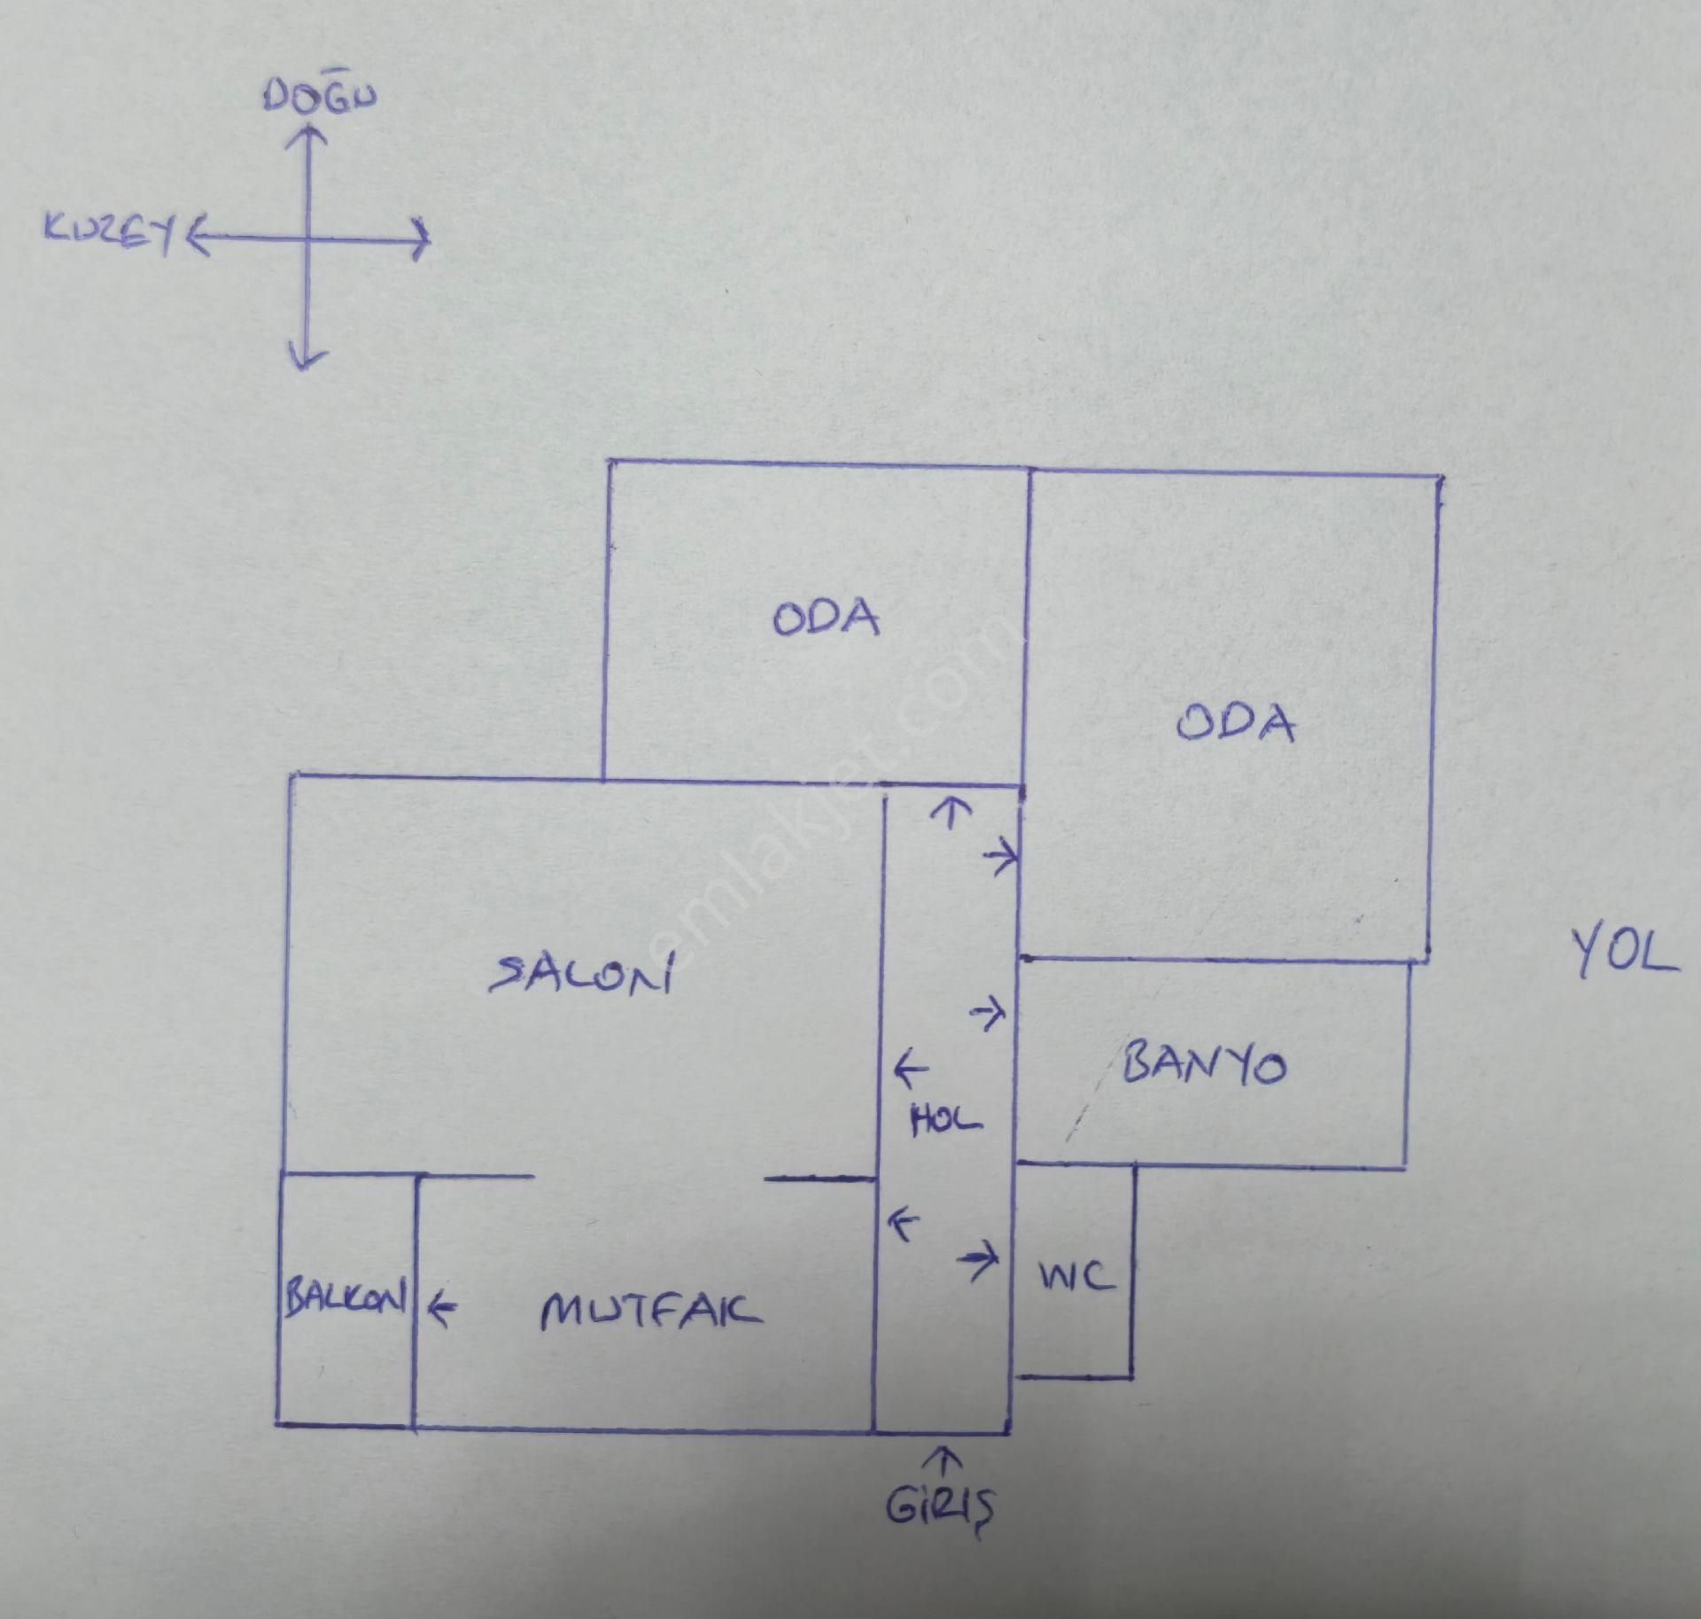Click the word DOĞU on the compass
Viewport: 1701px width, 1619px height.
click(319, 96)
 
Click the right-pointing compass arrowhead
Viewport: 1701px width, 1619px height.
click(421, 239)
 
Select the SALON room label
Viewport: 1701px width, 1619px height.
click(581, 975)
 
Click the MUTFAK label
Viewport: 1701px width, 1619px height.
click(651, 1312)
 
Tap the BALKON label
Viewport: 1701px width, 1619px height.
click(346, 1298)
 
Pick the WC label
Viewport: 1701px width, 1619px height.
click(1075, 1277)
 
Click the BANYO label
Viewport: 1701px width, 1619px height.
click(1204, 1063)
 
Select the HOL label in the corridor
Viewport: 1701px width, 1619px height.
click(946, 1121)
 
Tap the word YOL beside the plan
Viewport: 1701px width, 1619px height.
click(1624, 953)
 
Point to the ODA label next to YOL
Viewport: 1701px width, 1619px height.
click(1235, 722)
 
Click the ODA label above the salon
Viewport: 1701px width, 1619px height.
click(826, 618)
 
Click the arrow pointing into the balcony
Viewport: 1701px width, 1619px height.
click(442, 1306)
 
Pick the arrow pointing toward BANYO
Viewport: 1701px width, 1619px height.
click(990, 1012)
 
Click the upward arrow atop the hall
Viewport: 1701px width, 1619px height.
click(951, 812)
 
